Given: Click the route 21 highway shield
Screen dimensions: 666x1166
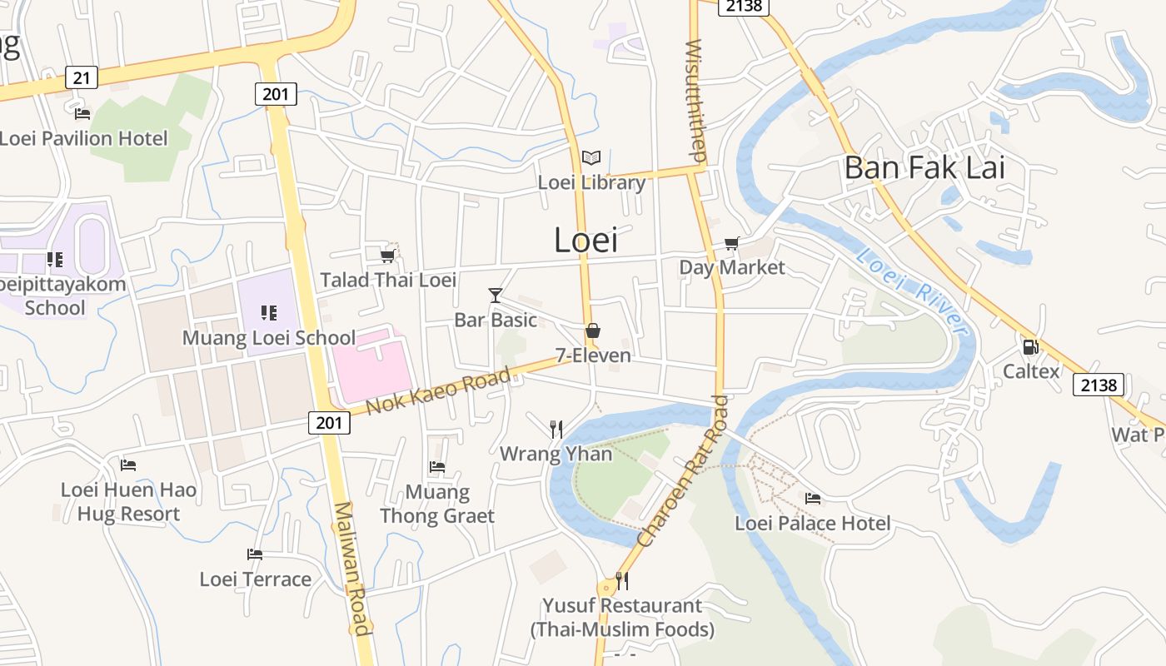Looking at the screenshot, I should tap(81, 77).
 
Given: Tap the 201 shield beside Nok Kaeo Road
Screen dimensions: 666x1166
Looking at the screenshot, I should tap(329, 422).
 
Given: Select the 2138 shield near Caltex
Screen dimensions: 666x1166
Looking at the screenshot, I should tap(1099, 384).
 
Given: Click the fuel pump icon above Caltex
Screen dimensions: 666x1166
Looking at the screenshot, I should tap(1030, 346).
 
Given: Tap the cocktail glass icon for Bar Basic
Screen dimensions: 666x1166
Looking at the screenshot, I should tap(496, 295).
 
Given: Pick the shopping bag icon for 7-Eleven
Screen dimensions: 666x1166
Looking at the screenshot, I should tap(593, 331).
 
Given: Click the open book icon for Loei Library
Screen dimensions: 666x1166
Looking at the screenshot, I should tap(591, 157).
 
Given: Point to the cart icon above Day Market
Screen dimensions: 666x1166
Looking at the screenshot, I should tap(731, 243).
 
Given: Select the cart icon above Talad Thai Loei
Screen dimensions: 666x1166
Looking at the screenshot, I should tap(387, 255).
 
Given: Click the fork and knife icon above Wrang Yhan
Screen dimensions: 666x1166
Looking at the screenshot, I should tap(556, 430).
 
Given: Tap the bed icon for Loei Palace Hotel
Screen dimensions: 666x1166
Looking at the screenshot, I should tap(813, 498).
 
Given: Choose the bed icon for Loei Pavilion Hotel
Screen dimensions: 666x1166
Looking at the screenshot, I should tap(82, 113).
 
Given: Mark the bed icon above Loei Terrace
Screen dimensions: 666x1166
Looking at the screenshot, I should tap(255, 554).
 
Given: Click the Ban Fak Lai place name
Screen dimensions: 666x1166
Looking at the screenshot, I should tap(924, 167).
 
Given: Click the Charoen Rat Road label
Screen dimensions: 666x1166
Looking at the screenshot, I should tap(683, 471).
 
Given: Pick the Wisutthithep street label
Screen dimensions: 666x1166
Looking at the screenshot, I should tap(696, 100).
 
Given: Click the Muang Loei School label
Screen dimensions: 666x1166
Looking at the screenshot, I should tap(269, 338).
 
